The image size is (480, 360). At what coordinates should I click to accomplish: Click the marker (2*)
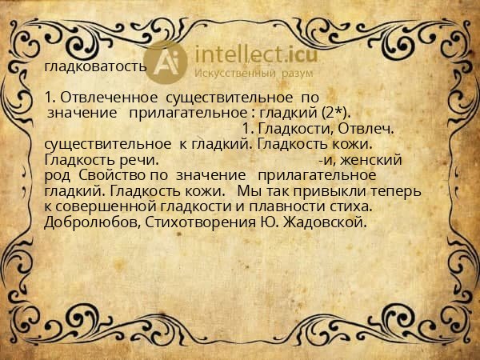point(337,113)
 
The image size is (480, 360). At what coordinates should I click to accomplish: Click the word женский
point(376,159)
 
